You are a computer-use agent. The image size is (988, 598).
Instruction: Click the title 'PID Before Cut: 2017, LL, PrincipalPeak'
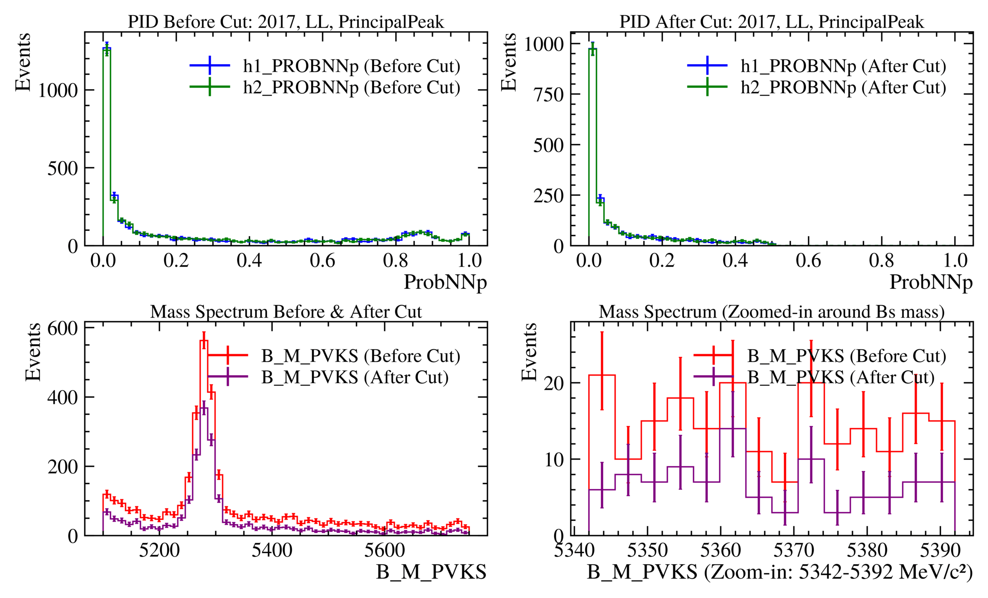pos(286,22)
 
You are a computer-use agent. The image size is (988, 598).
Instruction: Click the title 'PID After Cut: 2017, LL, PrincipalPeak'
pos(772,22)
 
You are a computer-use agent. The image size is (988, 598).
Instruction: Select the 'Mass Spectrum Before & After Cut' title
pos(286,312)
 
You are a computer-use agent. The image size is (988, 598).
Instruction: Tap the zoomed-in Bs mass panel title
pos(772,312)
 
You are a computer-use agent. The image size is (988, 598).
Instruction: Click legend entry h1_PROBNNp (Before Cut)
pos(351,66)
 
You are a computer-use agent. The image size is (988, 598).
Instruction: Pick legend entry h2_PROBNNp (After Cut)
pos(843,87)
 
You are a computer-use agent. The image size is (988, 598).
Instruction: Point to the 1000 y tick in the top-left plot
pos(58,90)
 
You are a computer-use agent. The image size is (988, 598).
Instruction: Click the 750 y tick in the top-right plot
pos(548,94)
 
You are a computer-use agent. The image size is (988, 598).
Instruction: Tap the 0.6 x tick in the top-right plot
pos(808,260)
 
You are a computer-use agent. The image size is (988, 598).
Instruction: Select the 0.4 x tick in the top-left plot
pos(249,260)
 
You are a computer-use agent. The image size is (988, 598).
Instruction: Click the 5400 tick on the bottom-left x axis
pos(272,551)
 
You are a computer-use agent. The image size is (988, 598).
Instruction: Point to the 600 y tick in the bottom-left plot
pos(62,329)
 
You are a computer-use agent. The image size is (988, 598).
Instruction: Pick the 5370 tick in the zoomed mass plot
pos(794,551)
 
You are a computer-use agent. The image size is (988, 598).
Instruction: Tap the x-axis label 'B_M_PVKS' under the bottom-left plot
pos(431,572)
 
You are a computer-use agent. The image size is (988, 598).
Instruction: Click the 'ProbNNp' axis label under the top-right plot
pos(931,282)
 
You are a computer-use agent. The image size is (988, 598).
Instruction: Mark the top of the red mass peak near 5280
pos(204,340)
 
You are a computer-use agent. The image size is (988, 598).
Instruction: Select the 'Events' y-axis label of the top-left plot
pos(23,62)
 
